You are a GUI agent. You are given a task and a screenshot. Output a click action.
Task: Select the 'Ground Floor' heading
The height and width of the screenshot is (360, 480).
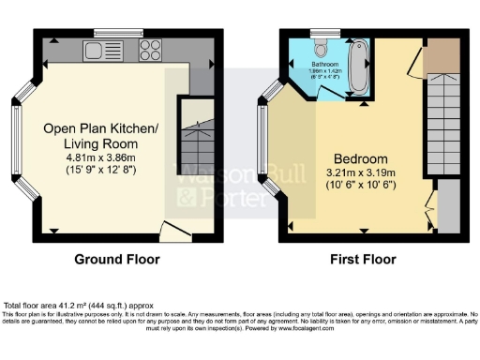(117, 260)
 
